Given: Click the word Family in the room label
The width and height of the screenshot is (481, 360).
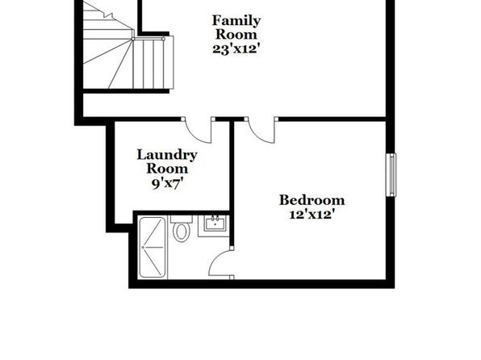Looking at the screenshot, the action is (236, 21).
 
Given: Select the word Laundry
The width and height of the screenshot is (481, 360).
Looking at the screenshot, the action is (167, 155).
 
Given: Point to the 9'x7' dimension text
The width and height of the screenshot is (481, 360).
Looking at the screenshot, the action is (168, 183).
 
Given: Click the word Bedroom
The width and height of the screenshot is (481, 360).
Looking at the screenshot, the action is (312, 200).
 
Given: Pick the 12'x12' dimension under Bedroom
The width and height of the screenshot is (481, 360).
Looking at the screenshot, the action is (312, 214).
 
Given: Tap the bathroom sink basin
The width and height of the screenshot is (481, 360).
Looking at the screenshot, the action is (215, 223).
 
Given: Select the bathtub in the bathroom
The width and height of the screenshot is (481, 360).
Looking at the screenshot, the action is (153, 247).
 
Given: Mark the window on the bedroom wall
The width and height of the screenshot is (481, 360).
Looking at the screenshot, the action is (391, 174).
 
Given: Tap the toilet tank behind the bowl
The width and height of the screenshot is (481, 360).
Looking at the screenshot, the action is (182, 219).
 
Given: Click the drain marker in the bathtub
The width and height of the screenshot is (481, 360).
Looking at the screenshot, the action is (143, 247).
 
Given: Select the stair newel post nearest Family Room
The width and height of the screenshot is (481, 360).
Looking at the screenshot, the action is (164, 39).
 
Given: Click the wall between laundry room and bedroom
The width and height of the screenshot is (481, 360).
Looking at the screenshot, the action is (232, 184).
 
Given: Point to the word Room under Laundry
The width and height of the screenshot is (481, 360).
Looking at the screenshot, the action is (167, 169).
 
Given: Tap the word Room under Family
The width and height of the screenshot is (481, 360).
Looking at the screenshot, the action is (236, 35).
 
